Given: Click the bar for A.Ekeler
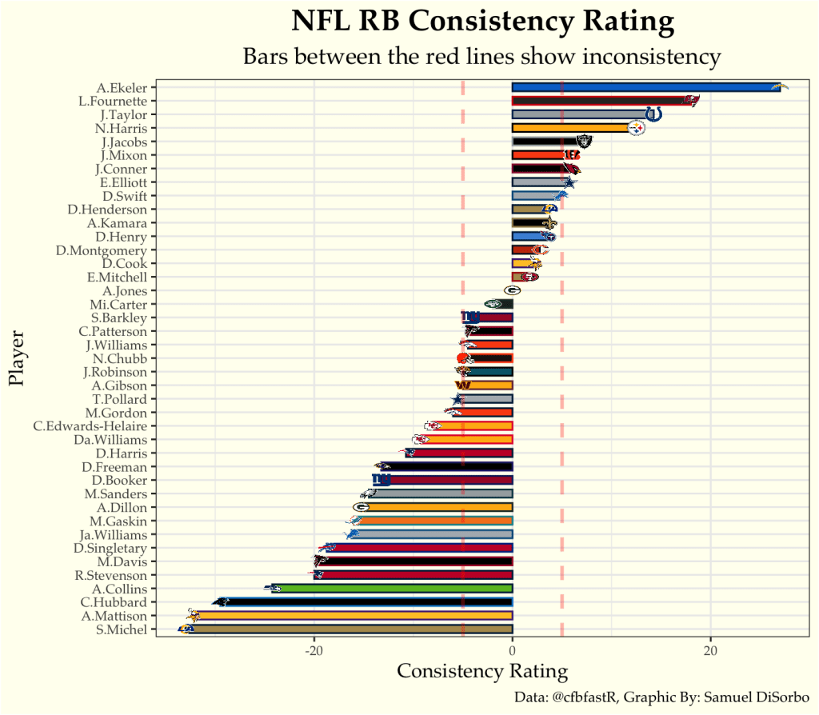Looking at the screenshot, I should [646, 87].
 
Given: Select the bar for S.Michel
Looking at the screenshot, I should [352, 629].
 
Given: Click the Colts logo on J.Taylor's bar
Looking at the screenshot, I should [653, 114].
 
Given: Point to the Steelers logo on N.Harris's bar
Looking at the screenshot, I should [637, 128].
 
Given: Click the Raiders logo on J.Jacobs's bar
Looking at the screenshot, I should [584, 142].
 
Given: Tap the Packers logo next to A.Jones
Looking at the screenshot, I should [513, 291].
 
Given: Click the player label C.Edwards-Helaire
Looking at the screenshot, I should [90, 426].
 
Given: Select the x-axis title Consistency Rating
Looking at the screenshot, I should [482, 671].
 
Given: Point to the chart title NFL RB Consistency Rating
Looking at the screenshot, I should [482, 22].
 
